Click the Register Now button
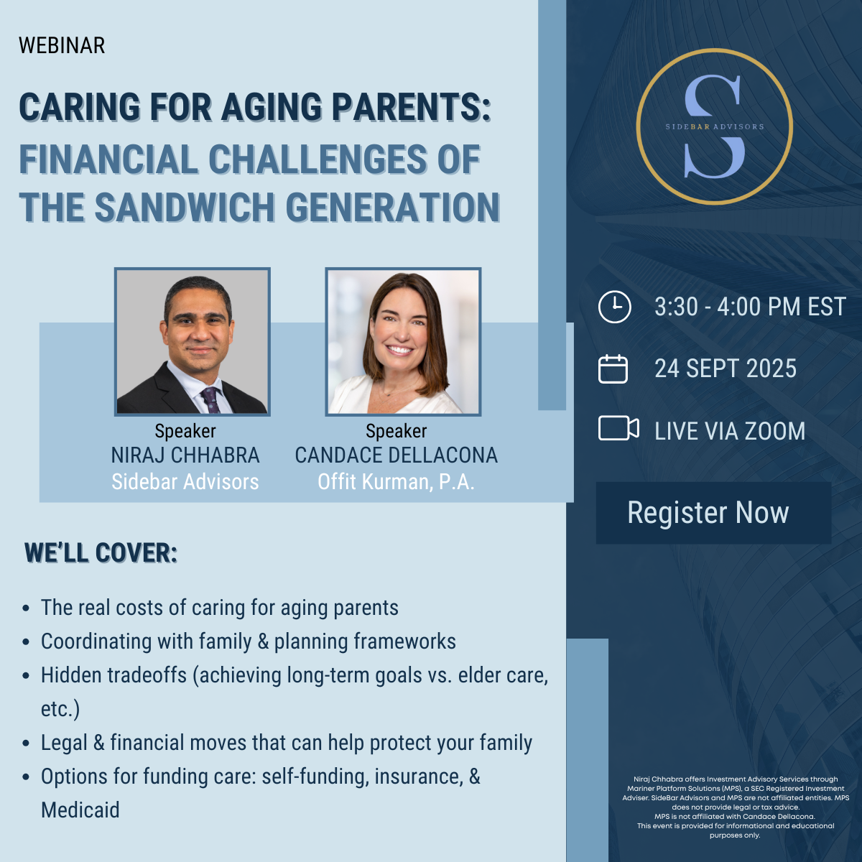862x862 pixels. click(x=713, y=513)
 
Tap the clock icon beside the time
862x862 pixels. click(x=615, y=307)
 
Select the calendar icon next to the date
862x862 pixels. click(x=613, y=369)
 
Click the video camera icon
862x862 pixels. click(x=618, y=428)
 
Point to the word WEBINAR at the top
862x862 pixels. click(x=62, y=46)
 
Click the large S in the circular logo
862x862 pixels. click(x=714, y=126)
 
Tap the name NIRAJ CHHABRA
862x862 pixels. click(x=185, y=455)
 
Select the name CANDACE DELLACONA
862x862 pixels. click(x=396, y=455)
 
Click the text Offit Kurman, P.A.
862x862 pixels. click(x=396, y=482)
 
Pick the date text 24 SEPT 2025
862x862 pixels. click(x=726, y=369)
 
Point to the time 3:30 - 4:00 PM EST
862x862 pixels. click(x=750, y=307)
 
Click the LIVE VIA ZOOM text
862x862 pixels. click(x=730, y=431)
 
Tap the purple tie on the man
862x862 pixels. click(x=210, y=399)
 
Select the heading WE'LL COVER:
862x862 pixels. click(x=101, y=553)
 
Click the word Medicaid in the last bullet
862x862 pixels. click(x=80, y=810)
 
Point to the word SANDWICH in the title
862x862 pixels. click(x=185, y=207)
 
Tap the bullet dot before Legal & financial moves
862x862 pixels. click(x=26, y=743)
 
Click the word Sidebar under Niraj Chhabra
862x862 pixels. click(x=145, y=482)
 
